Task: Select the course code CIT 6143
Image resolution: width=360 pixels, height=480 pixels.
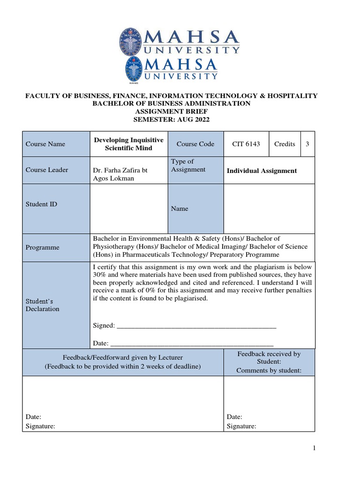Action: point(246,144)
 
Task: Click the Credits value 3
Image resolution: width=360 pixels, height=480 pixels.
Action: point(307,144)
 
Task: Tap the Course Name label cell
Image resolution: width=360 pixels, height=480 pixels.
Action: point(45,144)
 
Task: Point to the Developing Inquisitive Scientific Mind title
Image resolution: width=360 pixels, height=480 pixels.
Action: point(129,144)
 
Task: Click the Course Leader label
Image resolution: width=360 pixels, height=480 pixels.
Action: point(47,170)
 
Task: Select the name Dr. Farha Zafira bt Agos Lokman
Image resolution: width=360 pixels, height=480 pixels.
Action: point(121,174)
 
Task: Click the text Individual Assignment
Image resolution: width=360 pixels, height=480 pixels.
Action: point(262,171)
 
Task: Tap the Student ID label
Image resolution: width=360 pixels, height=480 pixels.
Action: point(41,204)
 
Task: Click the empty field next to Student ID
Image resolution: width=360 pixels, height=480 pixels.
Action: point(128,209)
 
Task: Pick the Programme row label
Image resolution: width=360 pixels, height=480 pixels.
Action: point(42,247)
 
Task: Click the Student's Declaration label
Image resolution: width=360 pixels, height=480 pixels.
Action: point(43,305)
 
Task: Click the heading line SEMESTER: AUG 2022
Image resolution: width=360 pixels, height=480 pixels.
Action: point(172,120)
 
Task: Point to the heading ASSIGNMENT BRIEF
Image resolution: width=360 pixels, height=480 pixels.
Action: point(171,112)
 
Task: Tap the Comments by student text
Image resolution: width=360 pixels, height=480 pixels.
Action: point(269,370)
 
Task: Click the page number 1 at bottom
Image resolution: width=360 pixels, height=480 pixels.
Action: point(315,449)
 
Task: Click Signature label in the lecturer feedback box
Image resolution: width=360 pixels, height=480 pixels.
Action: point(40,426)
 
